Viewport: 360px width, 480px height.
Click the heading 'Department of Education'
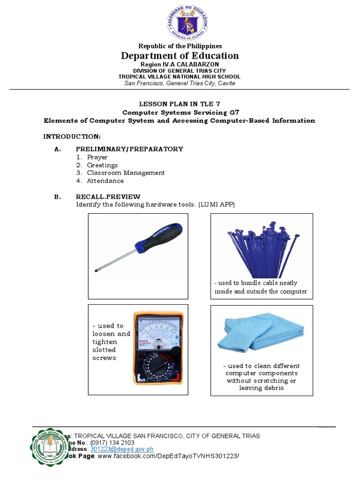tap(180, 56)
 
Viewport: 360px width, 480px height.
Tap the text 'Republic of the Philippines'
tap(180, 46)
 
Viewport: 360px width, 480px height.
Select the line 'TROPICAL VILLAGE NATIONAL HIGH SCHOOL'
tap(180, 76)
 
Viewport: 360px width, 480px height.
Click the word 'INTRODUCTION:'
tap(72, 136)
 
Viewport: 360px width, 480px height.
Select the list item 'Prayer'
tap(97, 157)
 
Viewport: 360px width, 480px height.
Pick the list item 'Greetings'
tap(102, 165)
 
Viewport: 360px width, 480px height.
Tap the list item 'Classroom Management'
tap(126, 172)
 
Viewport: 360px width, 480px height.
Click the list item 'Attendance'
tap(105, 180)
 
